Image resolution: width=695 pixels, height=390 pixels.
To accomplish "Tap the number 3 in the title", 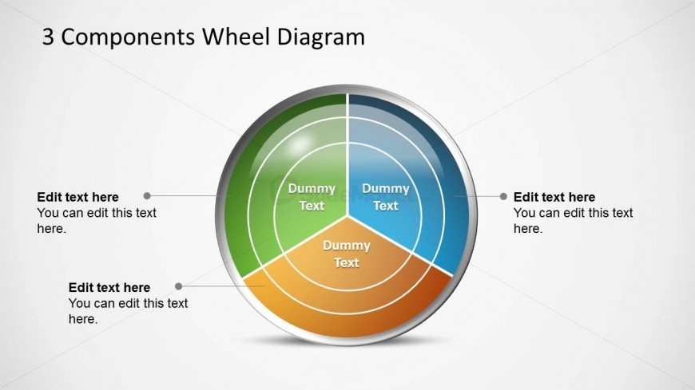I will [49, 37].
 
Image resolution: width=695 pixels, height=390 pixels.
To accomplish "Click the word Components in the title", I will [129, 37].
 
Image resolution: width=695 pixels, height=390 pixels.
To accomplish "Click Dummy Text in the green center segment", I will [312, 197].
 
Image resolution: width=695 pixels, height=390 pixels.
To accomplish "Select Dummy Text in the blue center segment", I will [385, 197].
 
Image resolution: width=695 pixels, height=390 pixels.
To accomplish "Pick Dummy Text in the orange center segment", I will [346, 254].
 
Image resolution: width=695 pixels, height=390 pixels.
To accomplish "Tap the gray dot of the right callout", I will [503, 196].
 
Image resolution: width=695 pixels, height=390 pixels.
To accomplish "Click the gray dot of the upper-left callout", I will [147, 195].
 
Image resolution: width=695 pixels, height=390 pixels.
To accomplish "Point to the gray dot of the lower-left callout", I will [178, 286].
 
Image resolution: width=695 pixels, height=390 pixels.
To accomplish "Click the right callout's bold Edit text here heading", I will [554, 197].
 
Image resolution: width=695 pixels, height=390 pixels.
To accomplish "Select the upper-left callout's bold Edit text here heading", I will [77, 197].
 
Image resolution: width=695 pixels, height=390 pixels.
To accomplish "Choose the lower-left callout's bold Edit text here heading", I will [109, 287].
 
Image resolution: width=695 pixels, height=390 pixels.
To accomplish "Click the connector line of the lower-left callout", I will [212, 286].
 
